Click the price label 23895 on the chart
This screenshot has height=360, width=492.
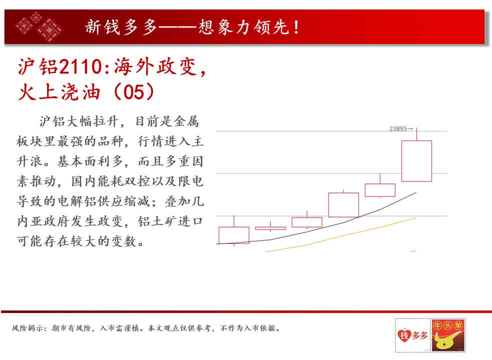coord(398,129)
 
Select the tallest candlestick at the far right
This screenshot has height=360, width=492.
coord(417,161)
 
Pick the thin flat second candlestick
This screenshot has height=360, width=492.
coord(270,228)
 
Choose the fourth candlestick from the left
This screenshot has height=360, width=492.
coord(343,205)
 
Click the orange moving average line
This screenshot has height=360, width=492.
coord(341,234)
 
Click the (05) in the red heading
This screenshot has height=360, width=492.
coord(134,92)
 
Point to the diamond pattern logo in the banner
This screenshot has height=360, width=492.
coord(39,26)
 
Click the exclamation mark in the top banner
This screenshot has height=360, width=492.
coord(296,27)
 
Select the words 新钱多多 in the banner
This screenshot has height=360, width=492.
coord(121,27)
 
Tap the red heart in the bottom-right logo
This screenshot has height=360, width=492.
coord(404,335)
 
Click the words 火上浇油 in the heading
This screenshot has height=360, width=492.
coord(59,92)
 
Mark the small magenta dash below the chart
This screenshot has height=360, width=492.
coord(413,251)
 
